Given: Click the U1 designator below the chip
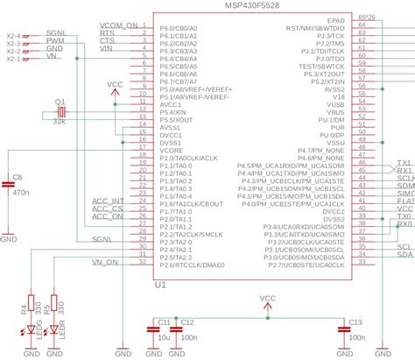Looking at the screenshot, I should (160, 286).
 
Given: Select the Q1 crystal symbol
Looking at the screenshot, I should (60, 112).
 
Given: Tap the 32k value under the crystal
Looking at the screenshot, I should (60, 124).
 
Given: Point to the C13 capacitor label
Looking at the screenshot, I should (356, 322).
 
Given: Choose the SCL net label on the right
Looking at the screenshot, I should (405, 247).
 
